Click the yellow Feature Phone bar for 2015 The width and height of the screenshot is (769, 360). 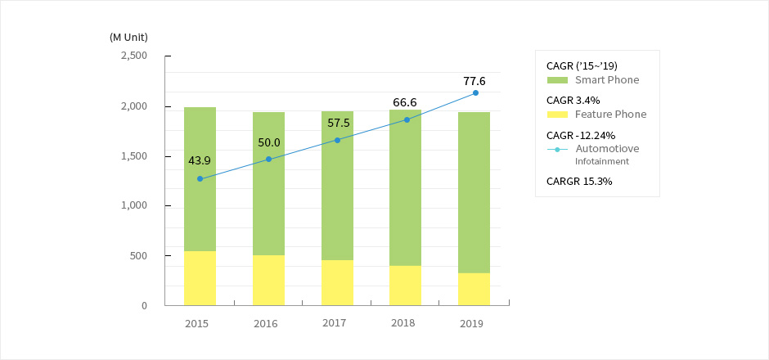coord(200,278)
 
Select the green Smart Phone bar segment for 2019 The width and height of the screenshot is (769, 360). coord(474,192)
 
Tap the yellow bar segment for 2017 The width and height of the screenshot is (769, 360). coord(337,282)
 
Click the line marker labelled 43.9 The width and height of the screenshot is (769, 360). coord(200,178)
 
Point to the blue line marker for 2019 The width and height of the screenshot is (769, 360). coord(475,92)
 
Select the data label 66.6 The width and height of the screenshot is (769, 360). coord(405,102)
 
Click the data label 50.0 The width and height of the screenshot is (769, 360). coord(268,142)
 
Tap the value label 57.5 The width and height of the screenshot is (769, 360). coord(337,123)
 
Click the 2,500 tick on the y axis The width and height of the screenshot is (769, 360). coord(133,56)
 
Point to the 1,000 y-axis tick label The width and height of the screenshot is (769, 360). coord(133,205)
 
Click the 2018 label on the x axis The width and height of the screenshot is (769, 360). coord(402,322)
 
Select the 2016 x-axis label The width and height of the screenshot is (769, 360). coord(266,323)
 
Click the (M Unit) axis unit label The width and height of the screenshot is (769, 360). coord(128,37)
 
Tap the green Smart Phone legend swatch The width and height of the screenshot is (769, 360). coord(557,80)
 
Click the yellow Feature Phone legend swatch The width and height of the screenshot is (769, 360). coord(557,115)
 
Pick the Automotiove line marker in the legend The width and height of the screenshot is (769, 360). coord(557,149)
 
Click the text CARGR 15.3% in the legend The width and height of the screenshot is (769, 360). coord(579,181)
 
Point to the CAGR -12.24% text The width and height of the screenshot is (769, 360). coord(580,135)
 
